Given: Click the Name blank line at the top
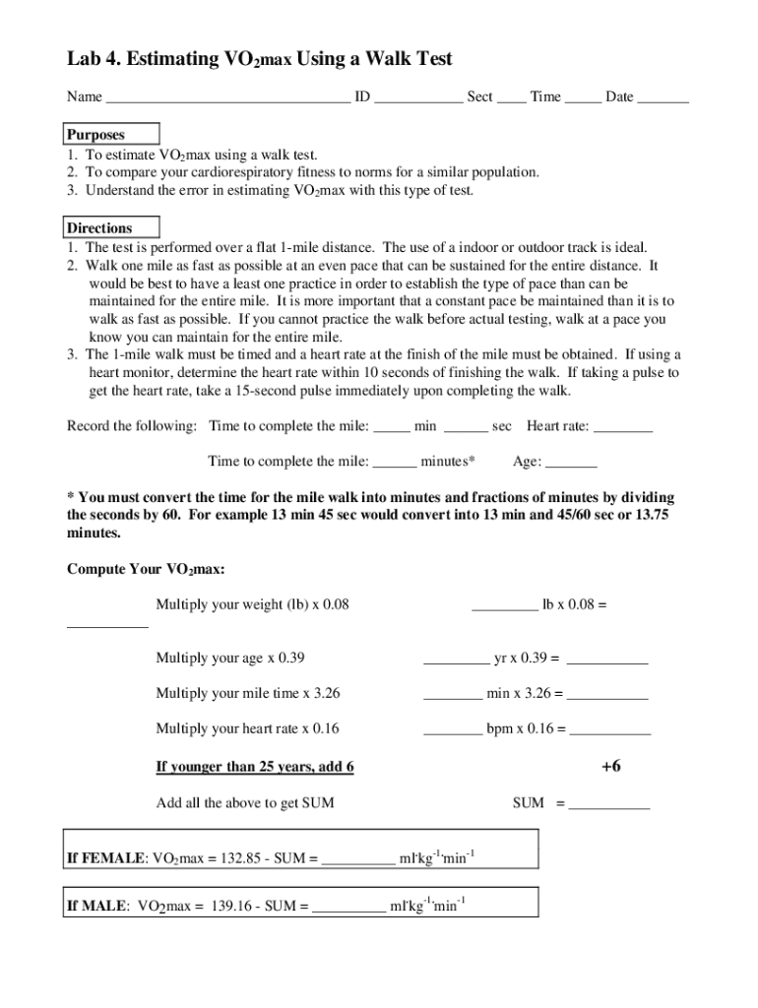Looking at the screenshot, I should pos(227,98).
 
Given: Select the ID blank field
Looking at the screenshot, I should pos(418,98).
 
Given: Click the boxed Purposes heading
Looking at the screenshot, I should pos(95,135).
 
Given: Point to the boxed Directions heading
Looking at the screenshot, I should pos(99,228).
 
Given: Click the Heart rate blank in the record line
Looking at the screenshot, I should pos(624,427).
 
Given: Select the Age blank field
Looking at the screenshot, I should pos(571,463).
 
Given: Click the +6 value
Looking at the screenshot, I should pos(610,766).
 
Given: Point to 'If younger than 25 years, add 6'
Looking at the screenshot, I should pos(255,767).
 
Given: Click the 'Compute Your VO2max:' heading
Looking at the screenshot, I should pos(146,570).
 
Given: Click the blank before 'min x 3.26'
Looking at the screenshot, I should pos(453,695).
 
